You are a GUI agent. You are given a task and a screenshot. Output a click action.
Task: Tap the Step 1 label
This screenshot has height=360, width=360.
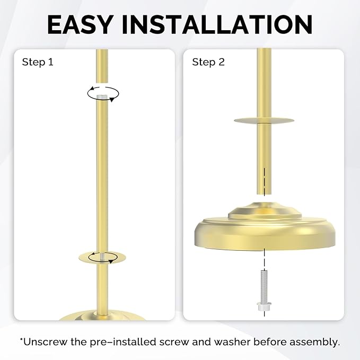(x=38, y=63)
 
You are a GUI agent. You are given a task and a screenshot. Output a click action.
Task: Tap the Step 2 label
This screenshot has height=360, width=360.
(x=208, y=63)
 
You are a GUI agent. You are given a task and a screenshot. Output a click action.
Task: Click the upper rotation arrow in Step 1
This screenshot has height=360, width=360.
(x=103, y=93)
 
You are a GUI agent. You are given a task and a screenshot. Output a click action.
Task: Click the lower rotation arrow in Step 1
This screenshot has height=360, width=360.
(x=104, y=258)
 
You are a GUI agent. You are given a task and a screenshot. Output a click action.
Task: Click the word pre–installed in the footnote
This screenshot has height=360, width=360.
(x=116, y=341)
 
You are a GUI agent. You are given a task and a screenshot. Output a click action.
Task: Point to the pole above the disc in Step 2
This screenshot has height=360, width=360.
(x=264, y=80)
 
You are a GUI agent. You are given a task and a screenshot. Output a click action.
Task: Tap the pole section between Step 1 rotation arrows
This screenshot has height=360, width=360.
(x=103, y=175)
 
